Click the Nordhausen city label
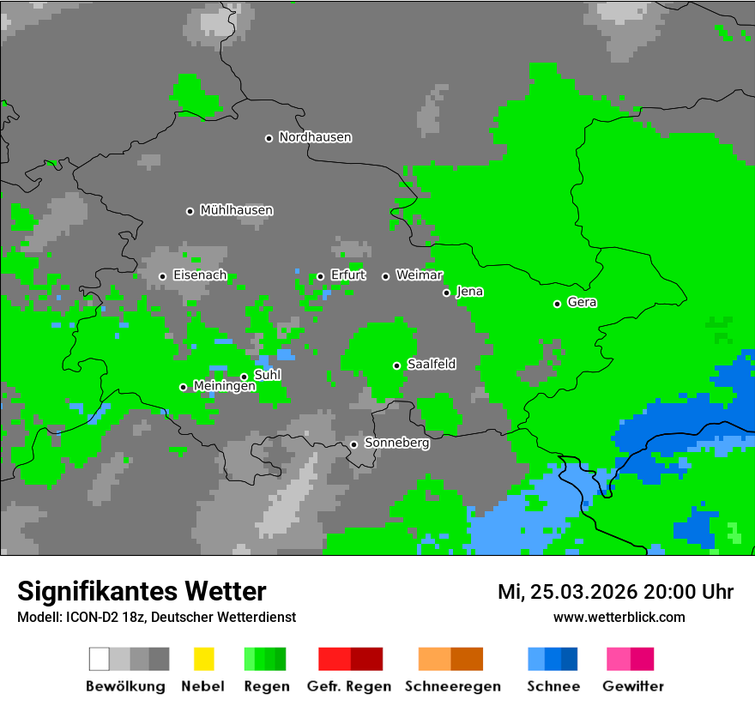pyautogui.click(x=315, y=137)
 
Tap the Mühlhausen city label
pyautogui.click(x=236, y=210)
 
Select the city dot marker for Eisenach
pyautogui.click(x=162, y=276)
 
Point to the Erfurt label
pyautogui.click(x=347, y=275)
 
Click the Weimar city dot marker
pyautogui.click(x=385, y=276)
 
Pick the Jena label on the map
pyautogui.click(x=469, y=292)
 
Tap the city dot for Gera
pyautogui.click(x=557, y=304)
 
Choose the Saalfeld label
pyautogui.click(x=431, y=365)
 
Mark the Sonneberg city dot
pyautogui.click(x=353, y=444)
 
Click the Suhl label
pyautogui.click(x=267, y=375)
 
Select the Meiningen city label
pyautogui.click(x=224, y=387)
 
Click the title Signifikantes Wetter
pyautogui.click(x=142, y=592)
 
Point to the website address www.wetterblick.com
pyautogui.click(x=619, y=617)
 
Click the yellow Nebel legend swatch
pyautogui.click(x=203, y=659)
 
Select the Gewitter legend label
pyautogui.click(x=632, y=686)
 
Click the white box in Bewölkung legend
pyautogui.click(x=100, y=659)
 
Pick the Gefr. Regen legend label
pyautogui.click(x=349, y=686)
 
